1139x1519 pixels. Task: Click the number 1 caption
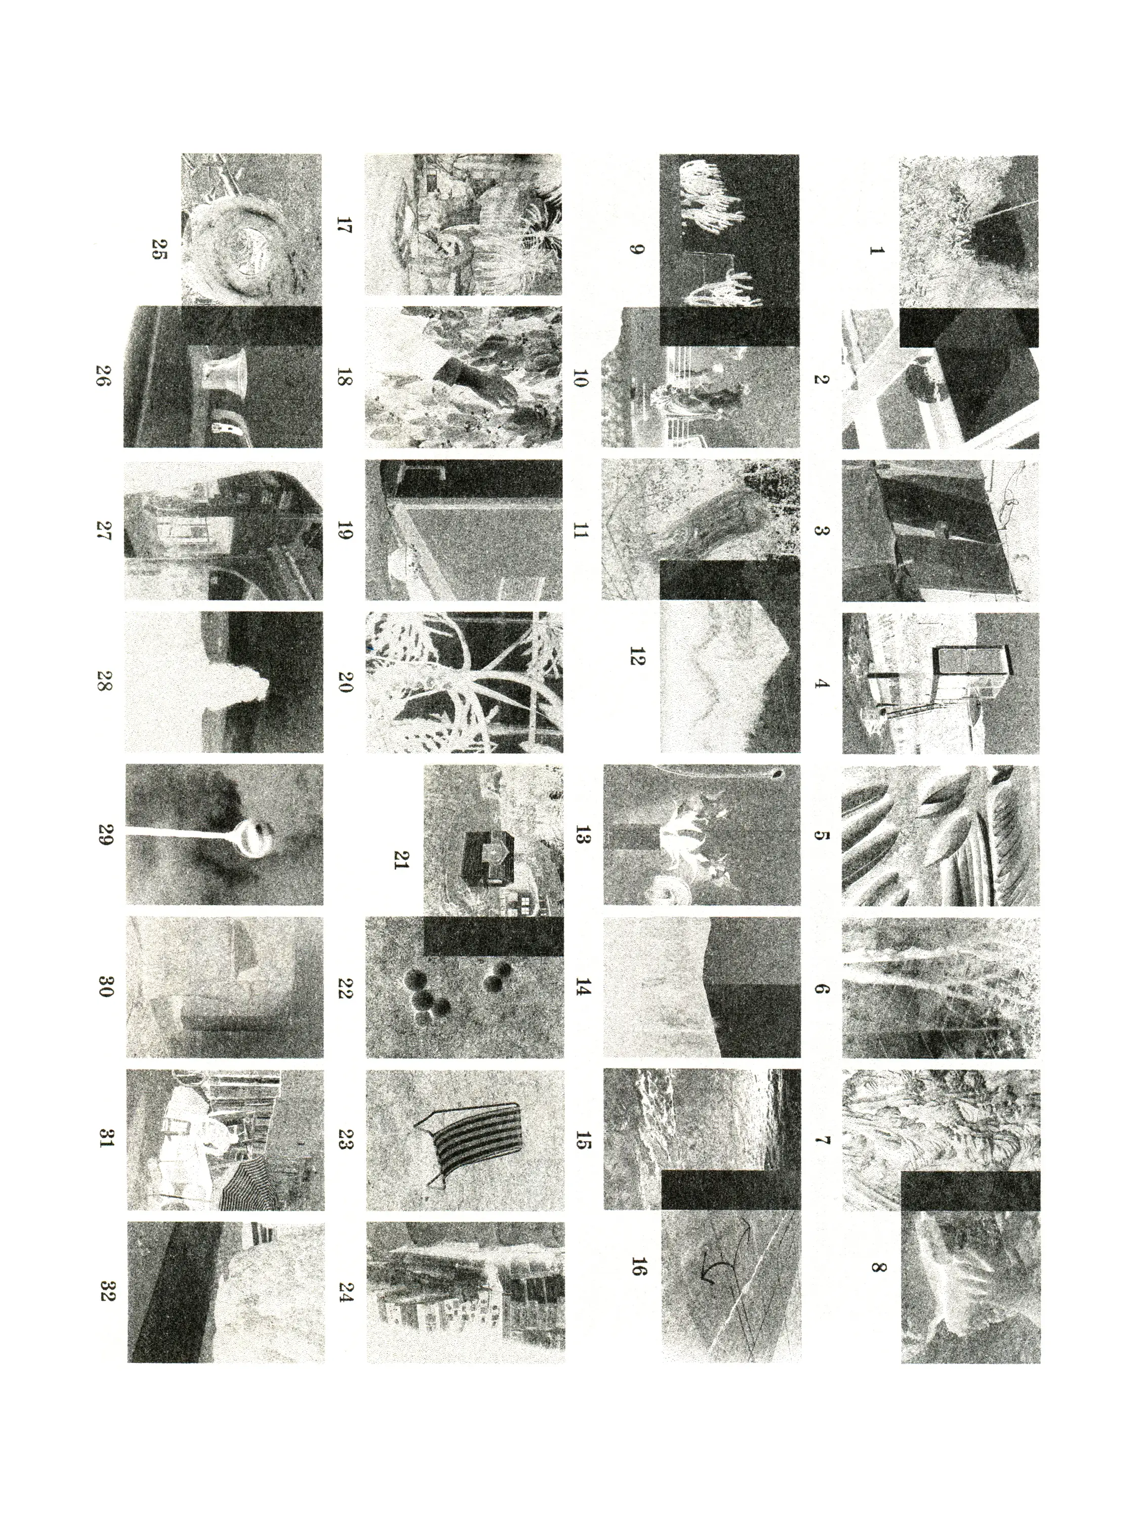(x=876, y=251)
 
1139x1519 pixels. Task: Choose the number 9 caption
(x=636, y=249)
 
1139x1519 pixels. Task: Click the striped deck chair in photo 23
(x=474, y=1143)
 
